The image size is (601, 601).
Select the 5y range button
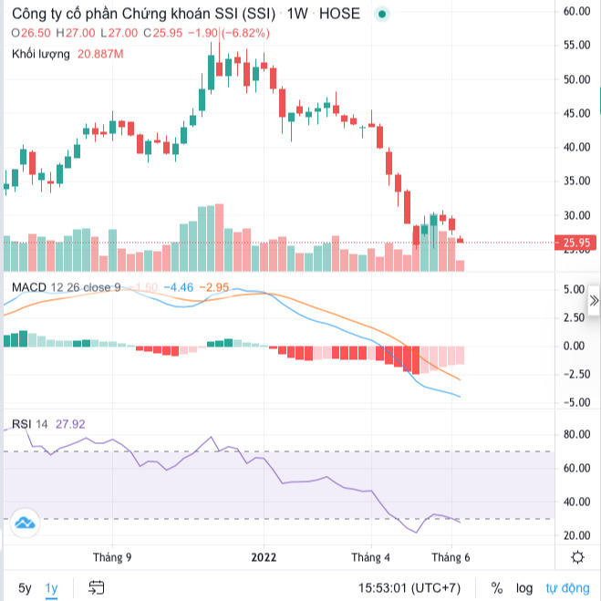click(25, 587)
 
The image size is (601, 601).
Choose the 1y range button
click(52, 587)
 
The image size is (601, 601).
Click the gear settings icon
click(577, 557)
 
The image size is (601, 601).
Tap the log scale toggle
click(523, 587)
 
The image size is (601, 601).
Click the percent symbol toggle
click(497, 587)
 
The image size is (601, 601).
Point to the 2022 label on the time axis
click(264, 557)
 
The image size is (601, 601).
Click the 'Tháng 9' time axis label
click(112, 557)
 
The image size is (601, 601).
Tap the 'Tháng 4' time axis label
click(371, 557)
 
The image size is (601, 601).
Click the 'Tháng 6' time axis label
click(451, 557)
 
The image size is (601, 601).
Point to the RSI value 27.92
click(70, 424)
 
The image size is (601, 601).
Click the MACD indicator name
click(29, 288)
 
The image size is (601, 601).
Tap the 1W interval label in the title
click(296, 14)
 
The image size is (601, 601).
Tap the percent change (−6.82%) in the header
click(245, 33)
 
